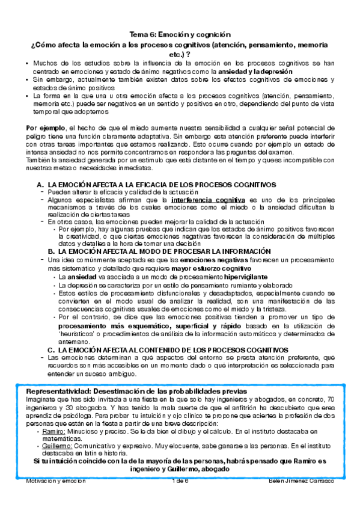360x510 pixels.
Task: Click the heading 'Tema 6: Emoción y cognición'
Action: point(180,35)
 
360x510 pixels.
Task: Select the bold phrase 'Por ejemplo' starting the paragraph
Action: point(43,127)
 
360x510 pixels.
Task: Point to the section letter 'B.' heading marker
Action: point(52,251)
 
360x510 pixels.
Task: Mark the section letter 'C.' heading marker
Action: point(52,349)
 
